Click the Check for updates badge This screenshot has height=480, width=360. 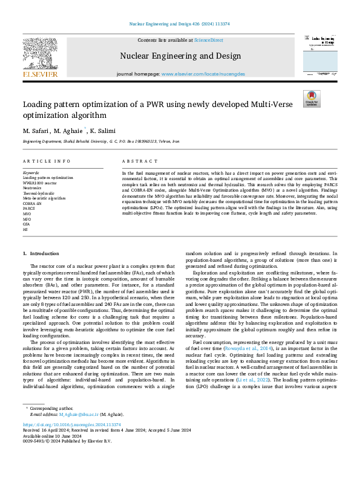312,99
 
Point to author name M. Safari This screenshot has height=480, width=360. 34,131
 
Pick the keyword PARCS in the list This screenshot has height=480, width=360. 29,208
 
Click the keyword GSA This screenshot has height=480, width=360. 27,224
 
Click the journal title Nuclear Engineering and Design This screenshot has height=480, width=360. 179,56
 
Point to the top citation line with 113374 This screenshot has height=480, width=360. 180,24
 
